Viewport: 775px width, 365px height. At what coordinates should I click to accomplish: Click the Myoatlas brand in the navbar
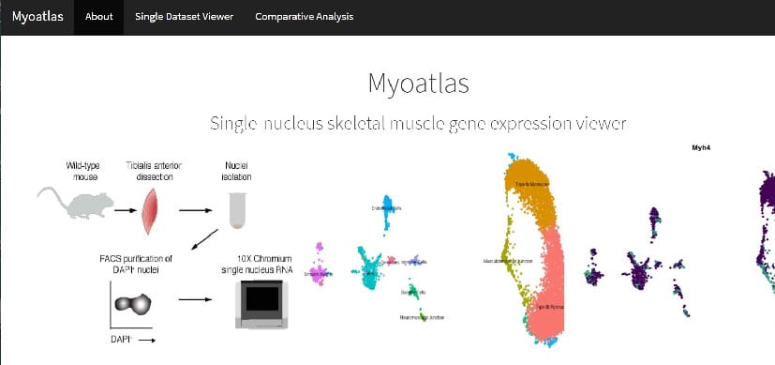37,17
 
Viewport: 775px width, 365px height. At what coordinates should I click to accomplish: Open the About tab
98,17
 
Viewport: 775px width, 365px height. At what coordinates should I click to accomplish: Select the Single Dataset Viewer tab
184,17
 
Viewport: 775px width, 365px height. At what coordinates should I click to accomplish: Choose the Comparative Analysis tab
305,17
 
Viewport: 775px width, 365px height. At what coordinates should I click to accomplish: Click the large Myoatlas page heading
419,84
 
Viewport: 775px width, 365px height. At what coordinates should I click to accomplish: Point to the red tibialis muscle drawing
153,212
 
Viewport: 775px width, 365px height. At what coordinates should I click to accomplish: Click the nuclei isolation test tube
240,211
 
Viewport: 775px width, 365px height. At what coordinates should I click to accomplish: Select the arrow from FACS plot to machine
192,301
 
